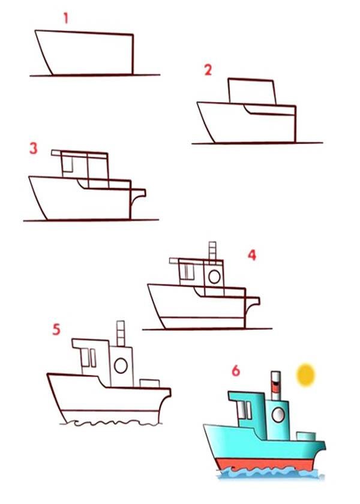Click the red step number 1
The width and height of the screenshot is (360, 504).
point(66,18)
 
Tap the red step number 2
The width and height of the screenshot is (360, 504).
point(208,70)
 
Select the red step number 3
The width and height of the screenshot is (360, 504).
point(34,148)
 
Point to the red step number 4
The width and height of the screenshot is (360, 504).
point(252,255)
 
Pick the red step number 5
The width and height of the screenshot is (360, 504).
point(56,329)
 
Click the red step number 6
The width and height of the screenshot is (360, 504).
point(236,371)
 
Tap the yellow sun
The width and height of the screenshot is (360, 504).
point(305,375)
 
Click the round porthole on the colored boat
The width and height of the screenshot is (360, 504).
point(278,415)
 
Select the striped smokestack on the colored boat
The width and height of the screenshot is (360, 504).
point(276,386)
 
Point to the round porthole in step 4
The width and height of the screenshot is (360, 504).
point(214,277)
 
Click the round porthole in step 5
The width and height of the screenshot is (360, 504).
point(121,365)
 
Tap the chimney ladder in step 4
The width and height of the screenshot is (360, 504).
point(212,251)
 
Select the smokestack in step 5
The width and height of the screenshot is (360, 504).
point(121,334)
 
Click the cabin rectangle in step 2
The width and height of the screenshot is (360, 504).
point(252,91)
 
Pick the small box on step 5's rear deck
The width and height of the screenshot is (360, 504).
point(149,383)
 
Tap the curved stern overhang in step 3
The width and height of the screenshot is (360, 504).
point(138,196)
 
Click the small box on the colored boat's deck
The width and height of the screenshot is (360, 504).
point(306,436)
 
